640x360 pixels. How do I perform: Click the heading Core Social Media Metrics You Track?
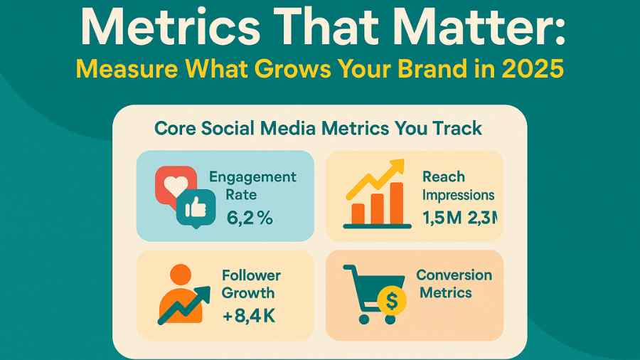[x=318, y=129]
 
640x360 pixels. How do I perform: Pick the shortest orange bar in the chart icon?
[x=359, y=213]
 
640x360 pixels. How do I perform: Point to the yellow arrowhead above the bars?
[x=397, y=167]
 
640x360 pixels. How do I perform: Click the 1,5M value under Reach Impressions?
[x=443, y=218]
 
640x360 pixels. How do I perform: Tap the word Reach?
[x=444, y=176]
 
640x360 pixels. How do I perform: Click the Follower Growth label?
[x=251, y=284]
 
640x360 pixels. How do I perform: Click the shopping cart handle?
[x=348, y=270]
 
